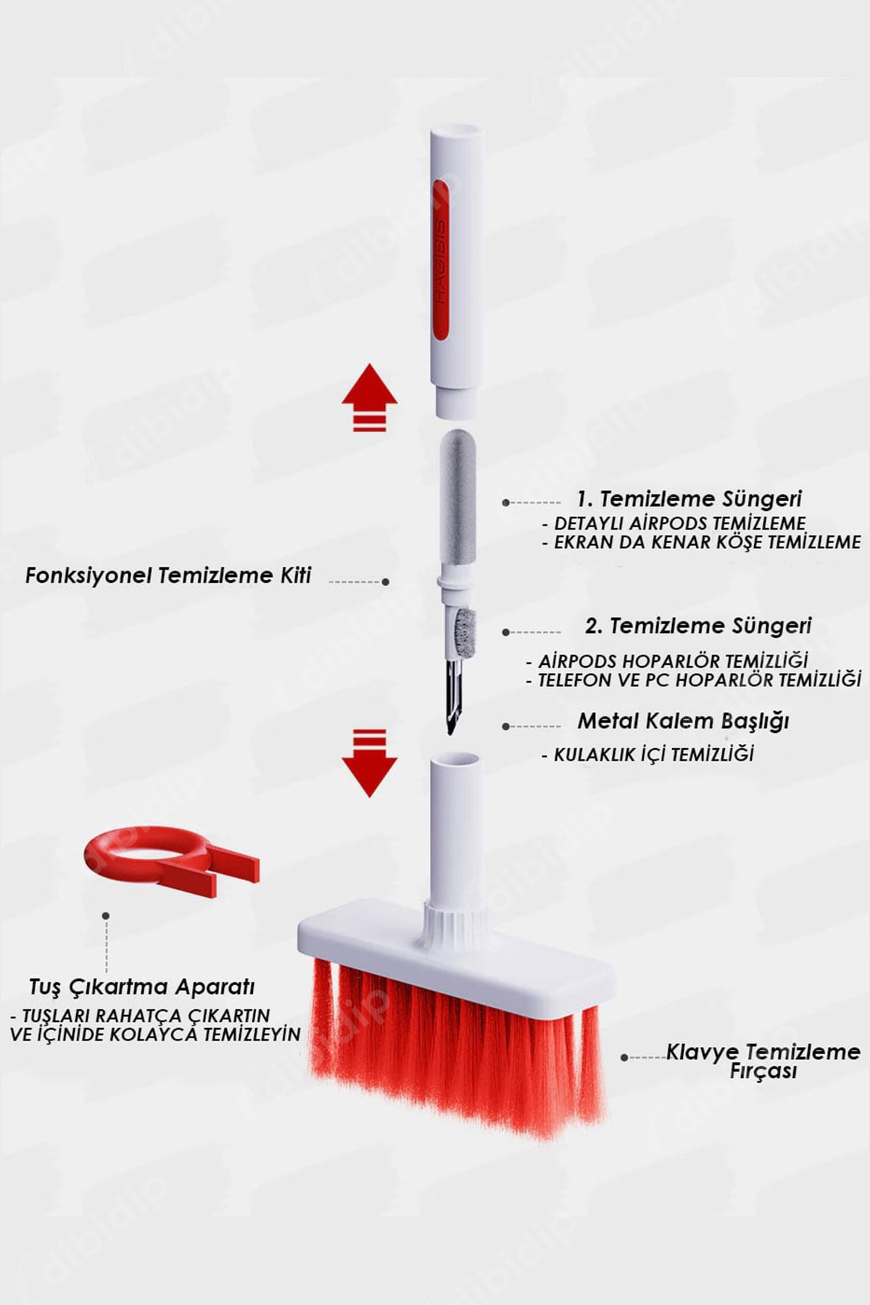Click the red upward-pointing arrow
coord(370,397)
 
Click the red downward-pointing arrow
coord(370,763)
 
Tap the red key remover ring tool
coord(171,861)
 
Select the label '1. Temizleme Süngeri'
coord(689,499)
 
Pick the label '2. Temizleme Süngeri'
coord(698,626)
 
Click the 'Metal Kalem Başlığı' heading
coord(683,721)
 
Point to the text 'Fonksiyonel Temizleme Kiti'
coord(168,576)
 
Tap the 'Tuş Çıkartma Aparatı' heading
coord(142,987)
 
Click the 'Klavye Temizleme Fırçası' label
coord(763,1061)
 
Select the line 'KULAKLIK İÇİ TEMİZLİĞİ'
coord(654,755)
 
